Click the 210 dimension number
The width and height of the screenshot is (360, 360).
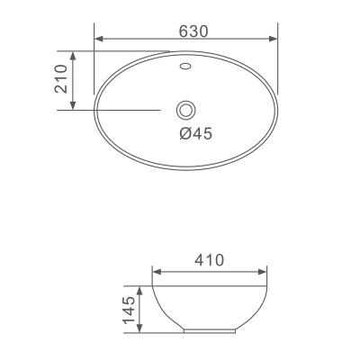[61, 80]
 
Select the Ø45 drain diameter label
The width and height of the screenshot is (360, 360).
[194, 134]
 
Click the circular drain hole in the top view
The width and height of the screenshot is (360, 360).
[185, 110]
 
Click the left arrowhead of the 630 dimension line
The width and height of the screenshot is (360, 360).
[98, 39]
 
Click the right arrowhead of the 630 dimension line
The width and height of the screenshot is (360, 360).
[273, 39]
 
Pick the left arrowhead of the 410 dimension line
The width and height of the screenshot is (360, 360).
[155, 270]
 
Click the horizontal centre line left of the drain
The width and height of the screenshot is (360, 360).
[126, 110]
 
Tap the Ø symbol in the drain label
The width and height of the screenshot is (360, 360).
[184, 134]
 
